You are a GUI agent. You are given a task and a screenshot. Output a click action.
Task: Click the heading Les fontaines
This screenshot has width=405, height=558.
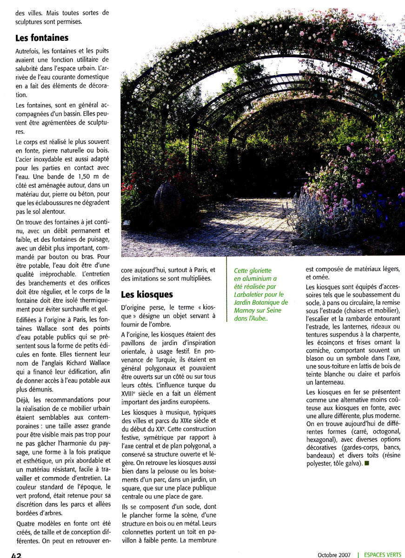42,37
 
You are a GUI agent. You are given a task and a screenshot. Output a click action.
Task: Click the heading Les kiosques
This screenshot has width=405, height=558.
146,294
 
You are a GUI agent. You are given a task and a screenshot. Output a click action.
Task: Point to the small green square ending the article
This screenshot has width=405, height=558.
367,464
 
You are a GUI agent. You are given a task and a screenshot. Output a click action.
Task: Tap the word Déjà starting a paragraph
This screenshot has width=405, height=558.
23,400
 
